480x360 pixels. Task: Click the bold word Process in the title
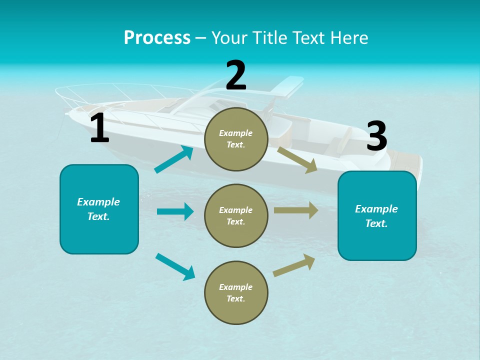pos(157,38)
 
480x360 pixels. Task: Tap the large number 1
pos(99,128)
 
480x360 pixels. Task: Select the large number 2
pos(236,75)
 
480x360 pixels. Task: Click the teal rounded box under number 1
pos(99,209)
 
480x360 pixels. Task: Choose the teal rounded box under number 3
pos(377,215)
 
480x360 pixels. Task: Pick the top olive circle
pos(236,139)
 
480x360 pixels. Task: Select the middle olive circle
pos(236,215)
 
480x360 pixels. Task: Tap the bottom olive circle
pos(236,292)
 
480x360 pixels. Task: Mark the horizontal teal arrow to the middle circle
pos(175,211)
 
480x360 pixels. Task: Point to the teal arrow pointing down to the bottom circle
pos(175,266)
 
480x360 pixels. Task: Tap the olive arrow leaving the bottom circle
pos(294,265)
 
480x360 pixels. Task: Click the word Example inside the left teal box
pos(98,202)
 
